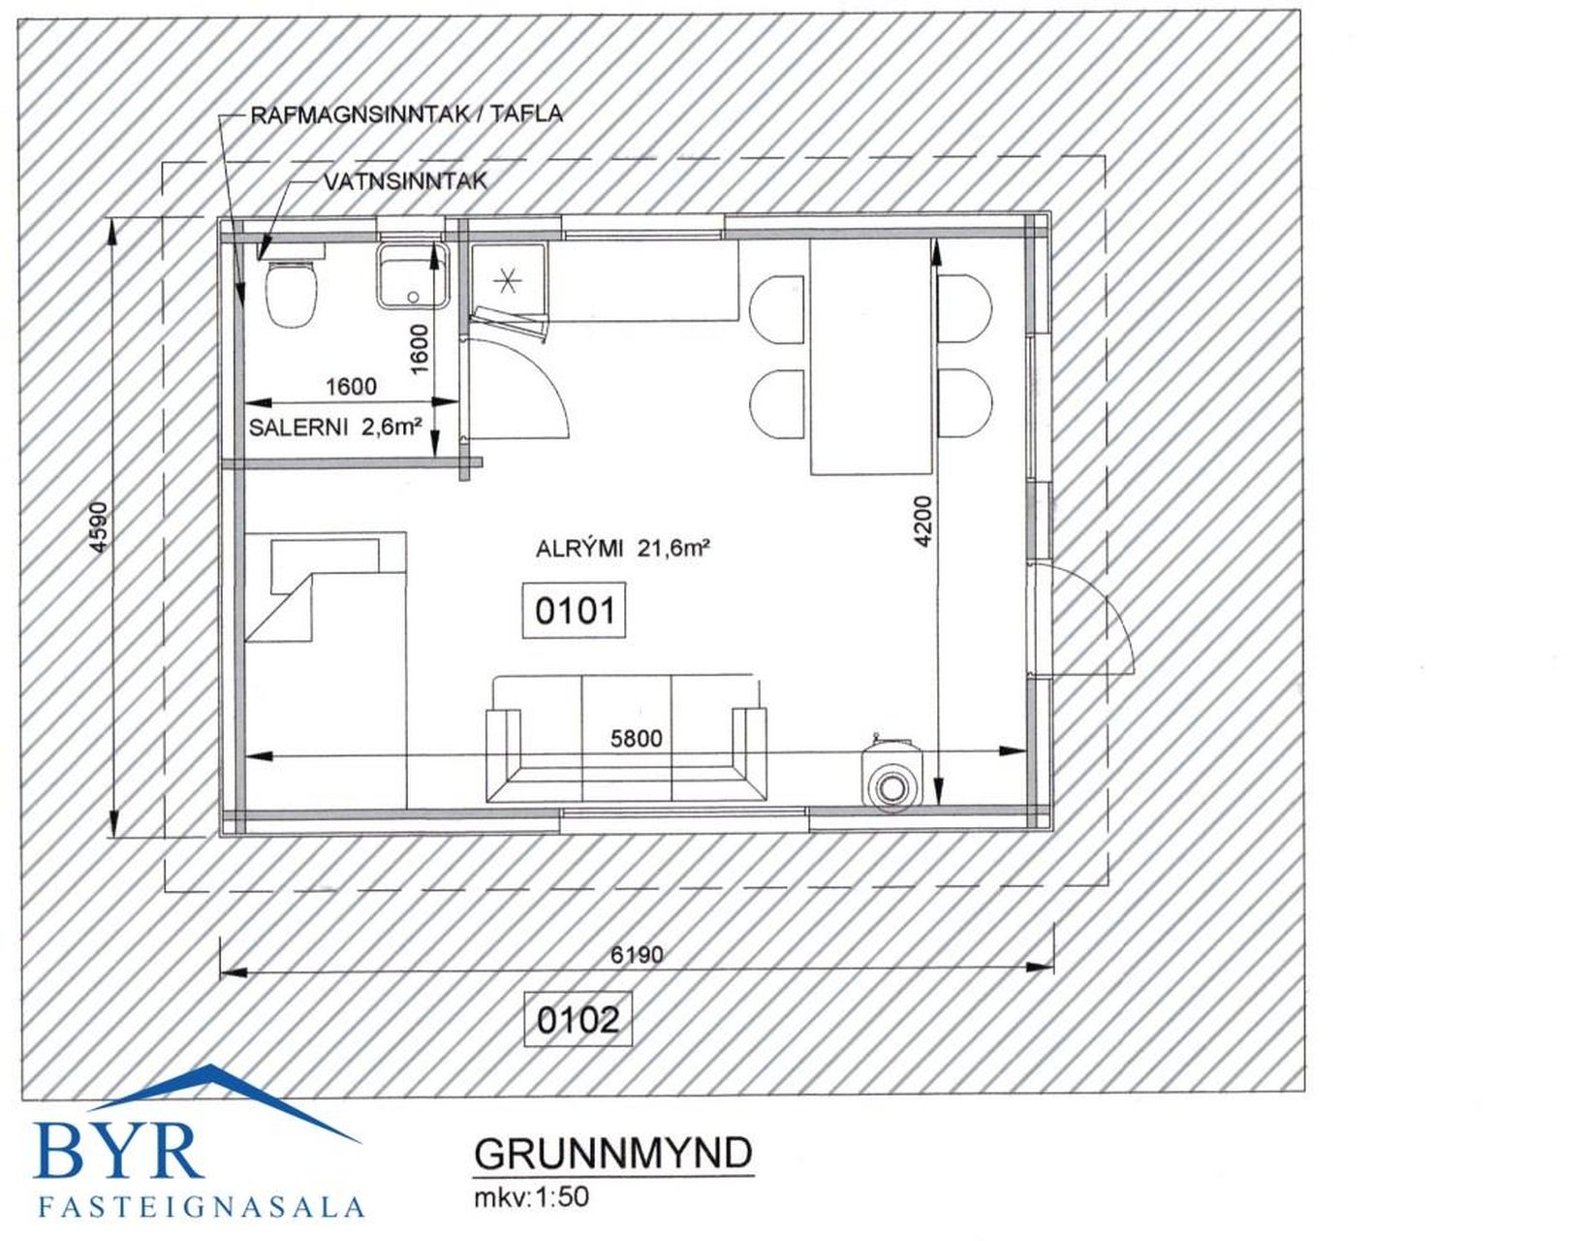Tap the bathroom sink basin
coord(413,275)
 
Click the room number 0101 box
coord(574,611)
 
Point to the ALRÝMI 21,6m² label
coord(624,550)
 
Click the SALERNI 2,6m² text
coord(336,428)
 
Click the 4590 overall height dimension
coord(100,525)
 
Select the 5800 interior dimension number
coord(637,739)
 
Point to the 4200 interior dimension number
coord(922,522)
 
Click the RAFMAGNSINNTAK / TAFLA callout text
coord(407,115)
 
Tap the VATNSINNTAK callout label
coord(405,182)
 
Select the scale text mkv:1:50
coord(532,1197)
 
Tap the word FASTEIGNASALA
coord(202,1207)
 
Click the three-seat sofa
coord(628,740)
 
